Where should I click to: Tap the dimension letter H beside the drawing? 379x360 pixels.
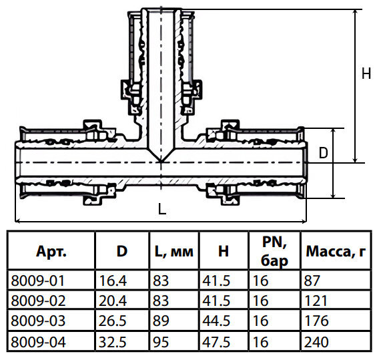[366, 74]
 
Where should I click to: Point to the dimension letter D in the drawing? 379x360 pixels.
[324, 153]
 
